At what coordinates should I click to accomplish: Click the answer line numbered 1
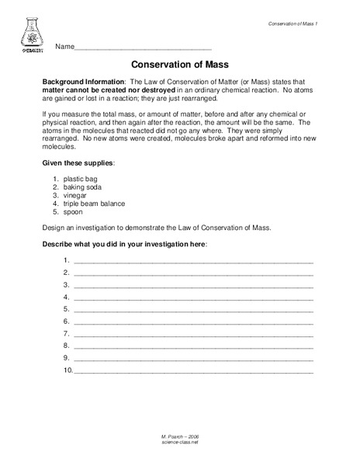(x=193, y=261)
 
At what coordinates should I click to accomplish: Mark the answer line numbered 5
(x=193, y=310)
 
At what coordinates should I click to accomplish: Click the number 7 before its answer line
(x=67, y=334)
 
